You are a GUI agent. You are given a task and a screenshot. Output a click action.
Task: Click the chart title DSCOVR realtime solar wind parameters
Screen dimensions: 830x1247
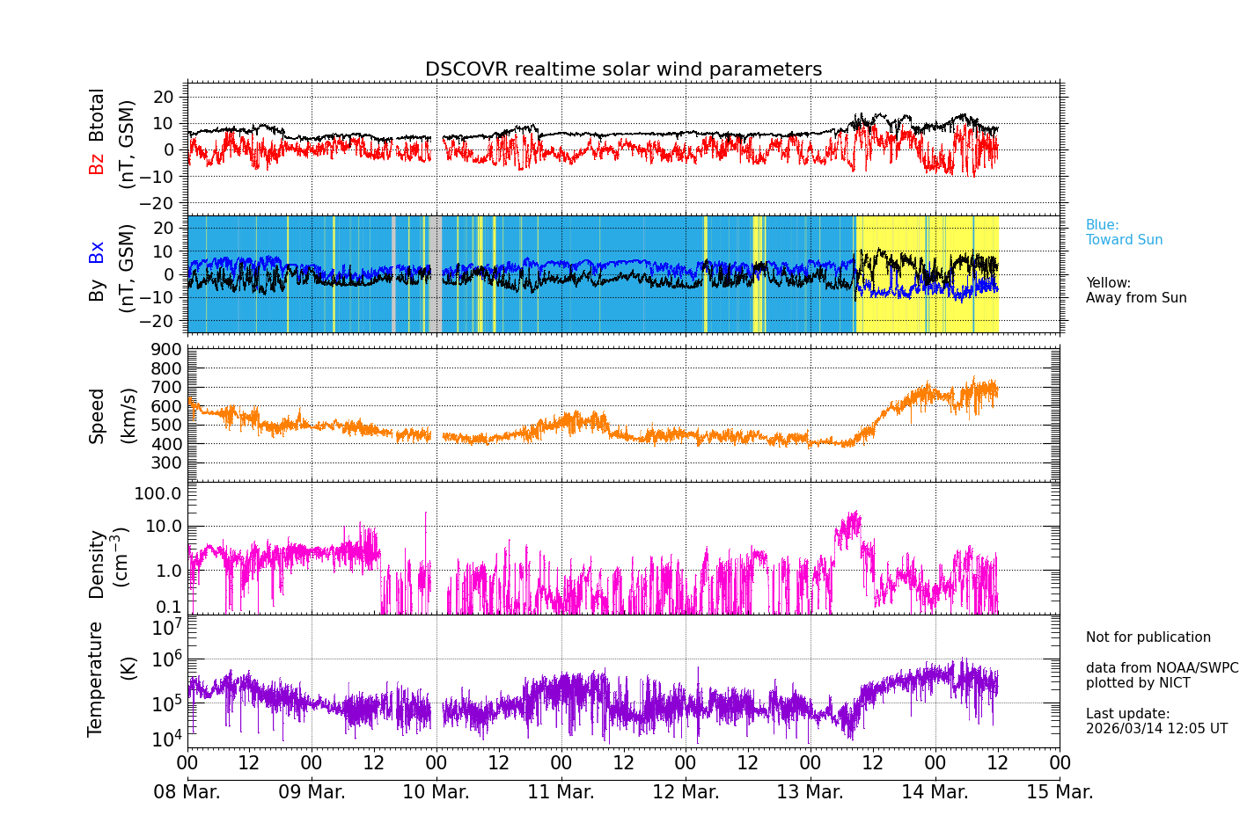[x=623, y=69]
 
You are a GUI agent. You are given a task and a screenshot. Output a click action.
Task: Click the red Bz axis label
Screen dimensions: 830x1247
[x=97, y=164]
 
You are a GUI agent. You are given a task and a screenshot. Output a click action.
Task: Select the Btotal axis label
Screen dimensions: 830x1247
[x=97, y=114]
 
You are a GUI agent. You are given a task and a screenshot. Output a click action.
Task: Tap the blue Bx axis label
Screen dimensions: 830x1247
[x=97, y=251]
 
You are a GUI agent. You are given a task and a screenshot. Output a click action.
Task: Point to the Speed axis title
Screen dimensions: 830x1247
[x=97, y=415]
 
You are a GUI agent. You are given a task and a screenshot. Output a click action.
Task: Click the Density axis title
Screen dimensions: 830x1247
[x=97, y=564]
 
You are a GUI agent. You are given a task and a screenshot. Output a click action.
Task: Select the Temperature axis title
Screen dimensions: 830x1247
[x=95, y=678]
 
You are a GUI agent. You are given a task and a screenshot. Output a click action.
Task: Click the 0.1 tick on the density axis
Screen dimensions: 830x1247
[x=169, y=606]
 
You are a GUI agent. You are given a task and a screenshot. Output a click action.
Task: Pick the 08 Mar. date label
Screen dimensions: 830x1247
[x=187, y=792]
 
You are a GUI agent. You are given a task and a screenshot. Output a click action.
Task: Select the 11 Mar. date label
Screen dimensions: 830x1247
[x=561, y=792]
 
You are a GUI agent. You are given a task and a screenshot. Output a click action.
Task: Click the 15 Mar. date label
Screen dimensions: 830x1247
[x=1060, y=792]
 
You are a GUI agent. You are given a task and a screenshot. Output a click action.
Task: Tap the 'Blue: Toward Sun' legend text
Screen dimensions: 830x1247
[x=1124, y=233]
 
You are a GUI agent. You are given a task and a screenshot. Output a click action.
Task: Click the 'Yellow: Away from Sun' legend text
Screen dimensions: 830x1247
[x=1135, y=291]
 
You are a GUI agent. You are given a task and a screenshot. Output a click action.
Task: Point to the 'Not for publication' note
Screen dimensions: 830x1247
[x=1148, y=637]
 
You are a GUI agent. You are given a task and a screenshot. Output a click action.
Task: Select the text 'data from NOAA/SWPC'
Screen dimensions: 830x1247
[x=1162, y=668]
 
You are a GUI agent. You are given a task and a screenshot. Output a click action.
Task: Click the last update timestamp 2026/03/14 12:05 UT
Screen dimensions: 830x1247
[x=1156, y=729]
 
